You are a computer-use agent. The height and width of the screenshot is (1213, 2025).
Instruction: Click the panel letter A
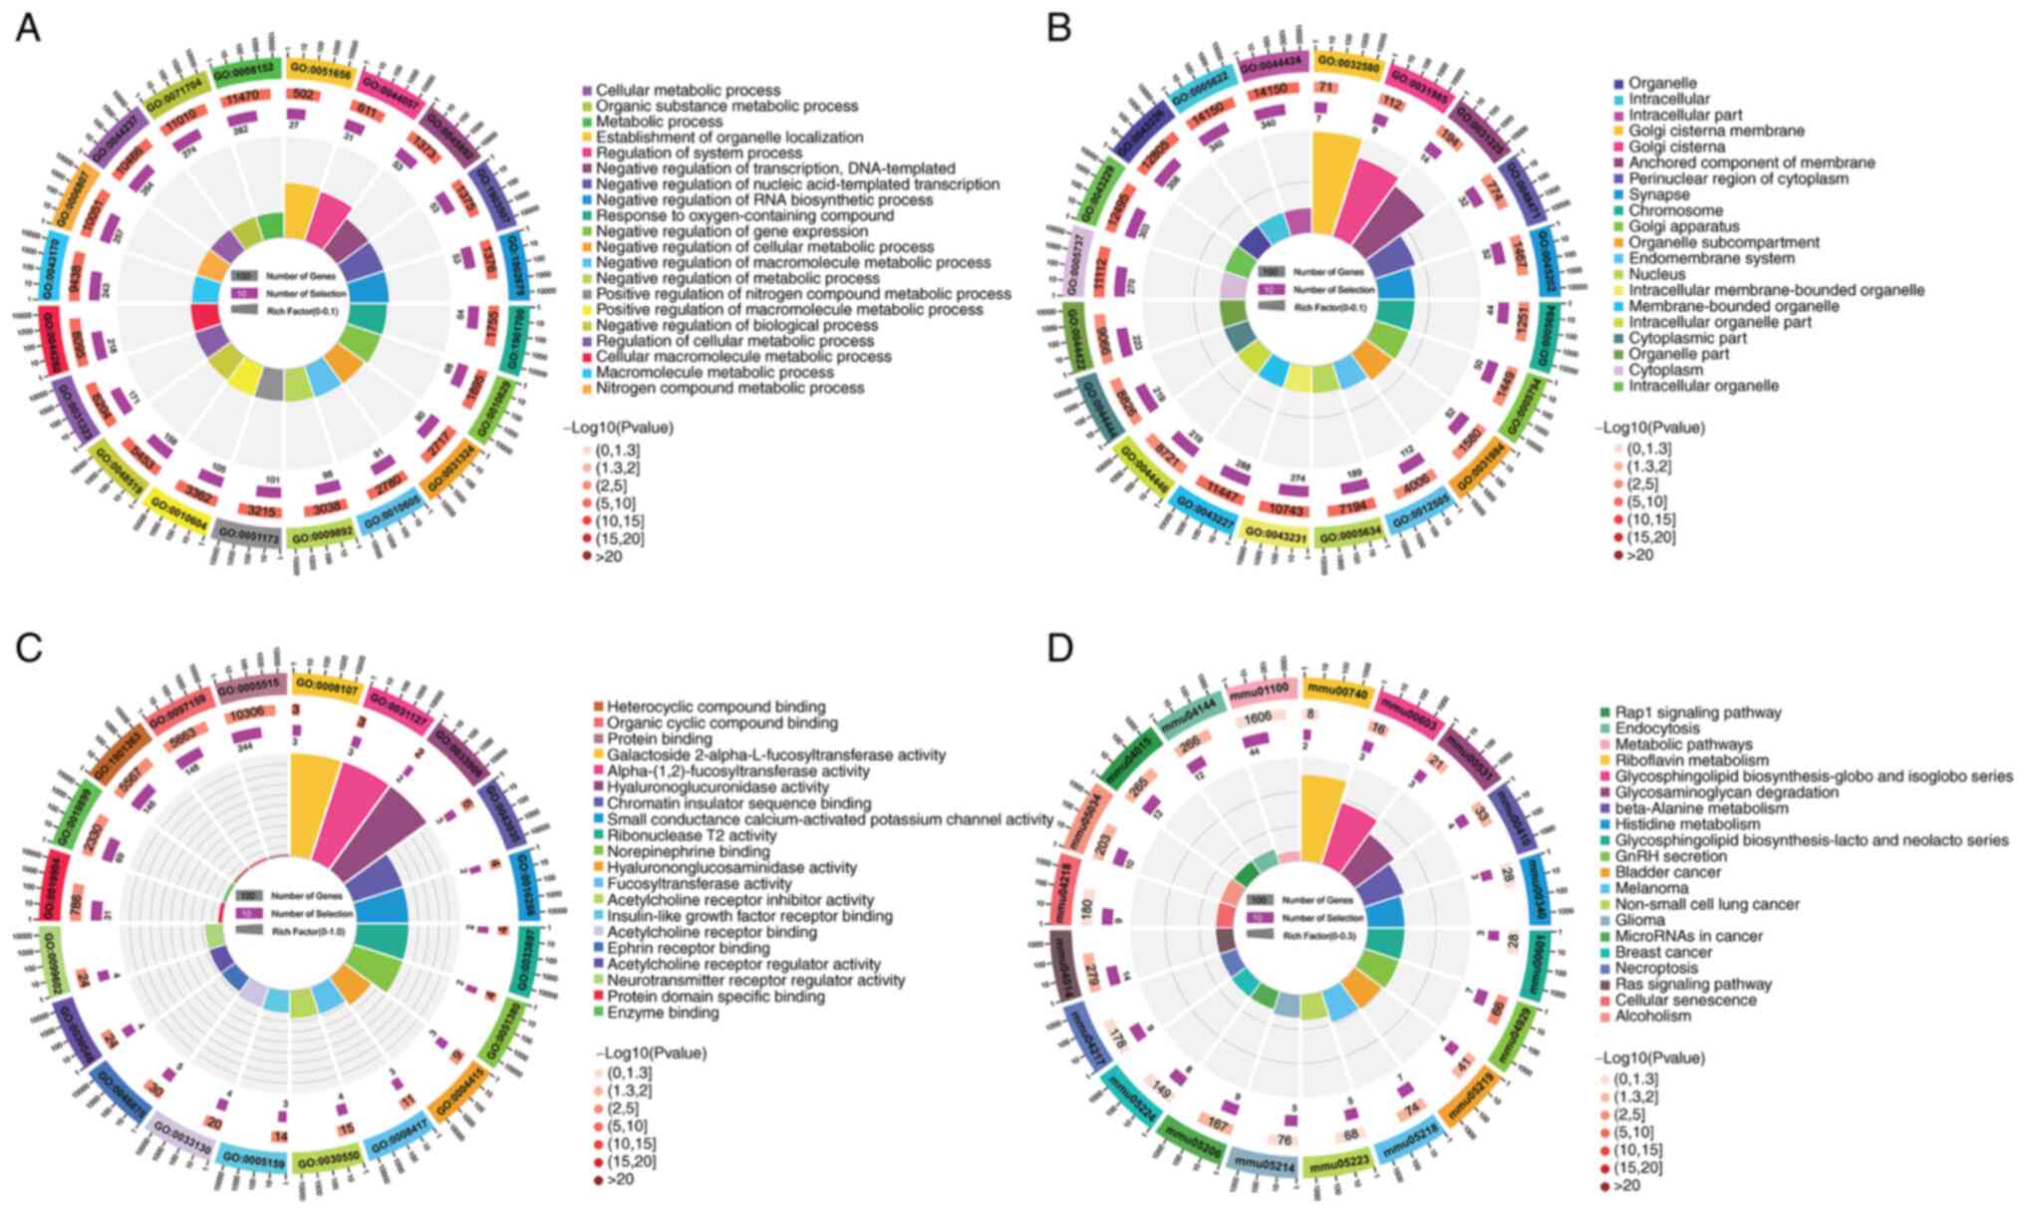click(28, 29)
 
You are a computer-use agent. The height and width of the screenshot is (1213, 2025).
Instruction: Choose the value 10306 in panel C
click(248, 714)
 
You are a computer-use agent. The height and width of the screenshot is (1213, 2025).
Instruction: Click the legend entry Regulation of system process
click(699, 152)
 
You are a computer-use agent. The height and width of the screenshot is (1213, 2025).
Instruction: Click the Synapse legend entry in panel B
click(1659, 194)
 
